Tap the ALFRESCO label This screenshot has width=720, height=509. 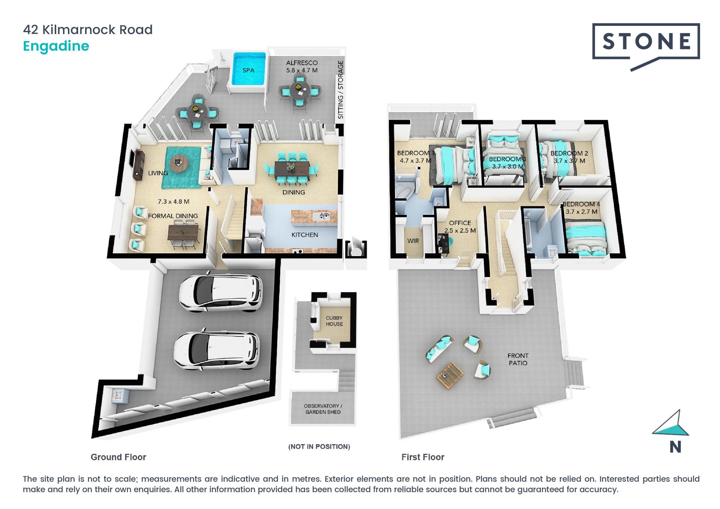(302, 63)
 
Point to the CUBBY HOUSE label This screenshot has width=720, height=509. (334, 321)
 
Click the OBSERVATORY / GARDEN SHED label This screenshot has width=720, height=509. (323, 409)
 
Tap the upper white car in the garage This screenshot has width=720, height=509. (220, 293)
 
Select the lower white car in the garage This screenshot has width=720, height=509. (216, 350)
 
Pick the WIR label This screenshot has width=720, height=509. (413, 241)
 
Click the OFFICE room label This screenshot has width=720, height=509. (460, 223)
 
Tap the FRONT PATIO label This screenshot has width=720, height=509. (518, 359)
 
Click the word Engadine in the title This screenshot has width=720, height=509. (56, 46)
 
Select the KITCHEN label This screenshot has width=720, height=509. (304, 235)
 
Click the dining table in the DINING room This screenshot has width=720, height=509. (292, 168)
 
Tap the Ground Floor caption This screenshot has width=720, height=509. (118, 457)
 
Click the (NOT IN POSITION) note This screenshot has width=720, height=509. (319, 446)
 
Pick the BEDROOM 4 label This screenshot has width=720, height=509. (581, 204)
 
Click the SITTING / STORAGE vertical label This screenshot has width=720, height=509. (340, 90)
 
